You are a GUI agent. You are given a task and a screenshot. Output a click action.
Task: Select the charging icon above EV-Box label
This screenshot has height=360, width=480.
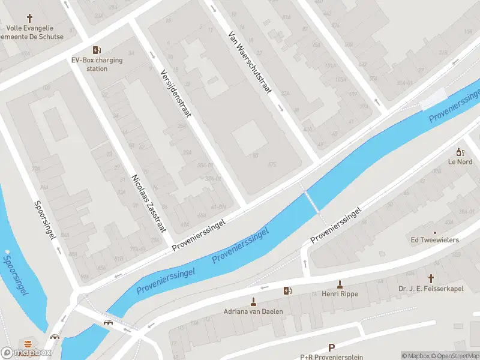tap(95, 50)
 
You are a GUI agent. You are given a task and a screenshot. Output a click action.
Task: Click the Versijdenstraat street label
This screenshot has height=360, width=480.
tap(175, 92)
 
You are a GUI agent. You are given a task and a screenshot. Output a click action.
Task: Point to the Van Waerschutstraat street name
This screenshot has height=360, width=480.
tap(249, 64)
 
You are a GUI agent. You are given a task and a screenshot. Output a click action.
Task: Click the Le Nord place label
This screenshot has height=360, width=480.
tap(460, 161)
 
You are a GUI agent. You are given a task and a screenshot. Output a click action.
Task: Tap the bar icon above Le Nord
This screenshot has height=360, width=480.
tap(460, 152)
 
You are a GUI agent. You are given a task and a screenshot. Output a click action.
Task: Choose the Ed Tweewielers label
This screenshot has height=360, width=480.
tap(434, 240)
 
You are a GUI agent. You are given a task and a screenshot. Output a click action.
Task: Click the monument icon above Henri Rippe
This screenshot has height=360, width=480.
tap(340, 284)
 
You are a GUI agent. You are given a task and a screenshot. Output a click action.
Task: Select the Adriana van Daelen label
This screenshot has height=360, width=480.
tap(253, 311)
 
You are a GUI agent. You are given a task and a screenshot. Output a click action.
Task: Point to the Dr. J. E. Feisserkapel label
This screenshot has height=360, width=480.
tap(431, 289)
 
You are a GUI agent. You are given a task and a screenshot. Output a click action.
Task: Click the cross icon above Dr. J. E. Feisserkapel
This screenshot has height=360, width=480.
tap(431, 278)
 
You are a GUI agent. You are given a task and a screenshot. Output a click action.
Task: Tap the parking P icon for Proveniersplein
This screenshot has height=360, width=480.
tap(331, 347)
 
